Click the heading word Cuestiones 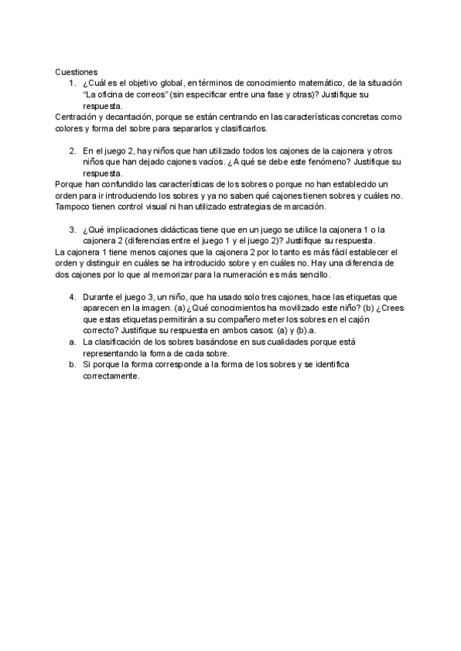coord(77,71)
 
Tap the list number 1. coord(71,82)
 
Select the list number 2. coord(71,151)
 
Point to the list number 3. coord(71,229)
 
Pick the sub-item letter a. coord(71,342)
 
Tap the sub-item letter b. coord(71,365)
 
